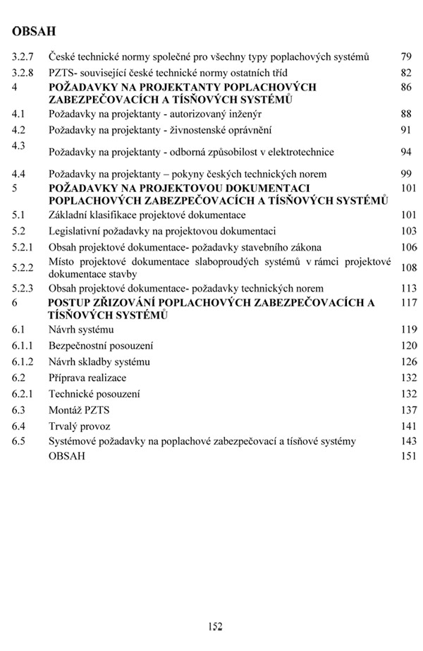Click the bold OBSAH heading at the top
tap(34, 32)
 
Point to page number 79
tap(405, 56)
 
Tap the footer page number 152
tap(215, 626)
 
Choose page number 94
tap(405, 152)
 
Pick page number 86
tap(405, 88)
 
